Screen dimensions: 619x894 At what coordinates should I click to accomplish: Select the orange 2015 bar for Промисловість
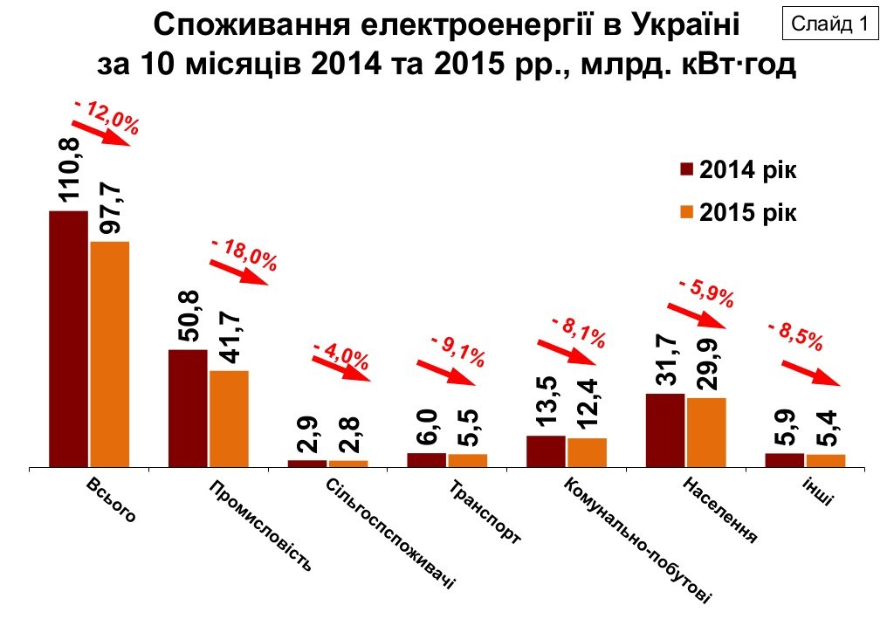[x=229, y=419]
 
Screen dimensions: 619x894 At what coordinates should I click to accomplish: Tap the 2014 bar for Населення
[x=665, y=430]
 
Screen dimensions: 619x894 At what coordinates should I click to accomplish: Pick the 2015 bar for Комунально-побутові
[x=587, y=452]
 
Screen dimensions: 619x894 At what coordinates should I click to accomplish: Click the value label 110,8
[x=69, y=171]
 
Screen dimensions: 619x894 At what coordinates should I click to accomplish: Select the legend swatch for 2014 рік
[x=686, y=169]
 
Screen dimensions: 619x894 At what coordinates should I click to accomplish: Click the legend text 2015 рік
[x=748, y=213]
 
